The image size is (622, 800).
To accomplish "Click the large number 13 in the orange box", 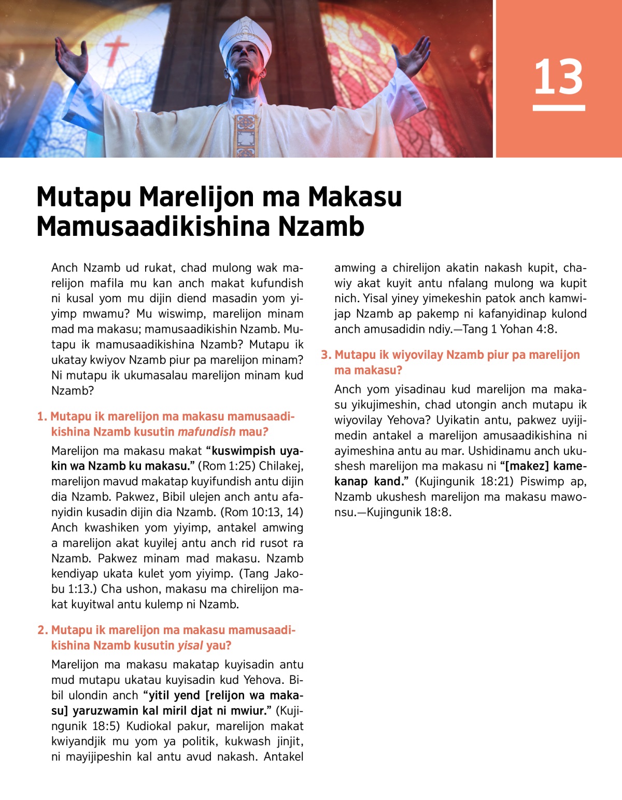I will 558,77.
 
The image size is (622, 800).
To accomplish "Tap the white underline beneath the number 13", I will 558,108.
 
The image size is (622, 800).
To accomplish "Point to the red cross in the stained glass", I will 116,49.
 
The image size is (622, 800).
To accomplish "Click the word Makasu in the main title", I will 355,197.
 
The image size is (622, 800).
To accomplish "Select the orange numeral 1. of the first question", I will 42,417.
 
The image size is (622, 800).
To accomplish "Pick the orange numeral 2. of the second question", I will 43,630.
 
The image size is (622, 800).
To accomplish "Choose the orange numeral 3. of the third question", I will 326,355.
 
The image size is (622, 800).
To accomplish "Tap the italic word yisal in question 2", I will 190,645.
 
